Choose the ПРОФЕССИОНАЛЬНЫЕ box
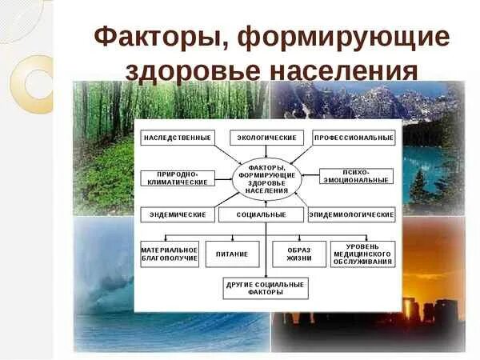pos(354,138)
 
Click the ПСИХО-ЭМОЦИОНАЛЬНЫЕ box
pos(356,177)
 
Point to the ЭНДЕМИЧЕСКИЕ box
pos(178,215)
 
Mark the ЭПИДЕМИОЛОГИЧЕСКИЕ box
pos(352,215)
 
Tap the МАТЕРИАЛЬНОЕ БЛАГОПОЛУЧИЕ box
pos(169,254)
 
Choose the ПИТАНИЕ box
pos(232,254)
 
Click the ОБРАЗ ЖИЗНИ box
pos(299,254)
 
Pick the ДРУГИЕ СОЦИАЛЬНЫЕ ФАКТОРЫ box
pos(265,288)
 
